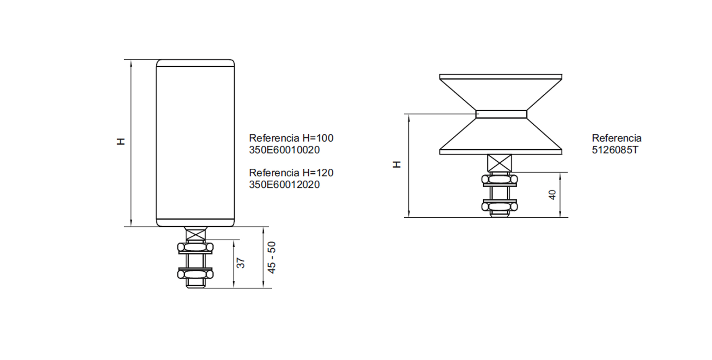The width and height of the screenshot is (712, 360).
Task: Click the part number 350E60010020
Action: [284, 150]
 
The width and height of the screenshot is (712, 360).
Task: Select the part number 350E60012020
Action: [284, 185]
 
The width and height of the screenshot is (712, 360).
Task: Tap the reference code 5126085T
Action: [615, 150]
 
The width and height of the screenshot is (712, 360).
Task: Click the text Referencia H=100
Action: [291, 138]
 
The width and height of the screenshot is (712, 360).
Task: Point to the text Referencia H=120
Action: [291, 173]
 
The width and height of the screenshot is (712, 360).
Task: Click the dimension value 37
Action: [241, 263]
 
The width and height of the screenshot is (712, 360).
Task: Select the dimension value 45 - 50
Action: [272, 257]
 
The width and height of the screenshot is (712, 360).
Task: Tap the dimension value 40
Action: [552, 195]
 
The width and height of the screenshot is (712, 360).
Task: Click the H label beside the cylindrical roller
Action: [121, 142]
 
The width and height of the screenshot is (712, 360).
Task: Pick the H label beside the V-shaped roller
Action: [397, 165]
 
